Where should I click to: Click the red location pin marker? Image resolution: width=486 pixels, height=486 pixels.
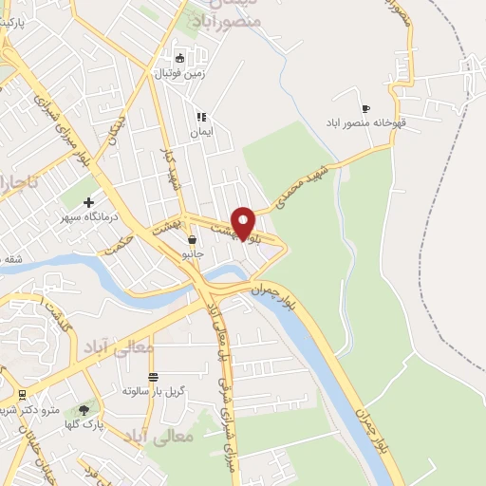coord(244,222)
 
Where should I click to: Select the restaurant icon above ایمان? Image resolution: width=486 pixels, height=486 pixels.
coord(200,118)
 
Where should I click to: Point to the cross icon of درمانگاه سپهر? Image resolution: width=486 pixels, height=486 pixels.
coord(89,201)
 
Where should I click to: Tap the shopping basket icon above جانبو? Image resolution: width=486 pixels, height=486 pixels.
coord(193,239)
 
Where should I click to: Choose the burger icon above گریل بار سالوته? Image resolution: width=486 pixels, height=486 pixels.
coord(153,377)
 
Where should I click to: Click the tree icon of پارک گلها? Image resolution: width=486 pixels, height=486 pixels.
coord(84,410)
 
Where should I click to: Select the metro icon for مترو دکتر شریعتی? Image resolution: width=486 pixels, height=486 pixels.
coord(21,394)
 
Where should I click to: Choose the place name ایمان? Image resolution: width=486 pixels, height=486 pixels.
coord(201,133)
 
